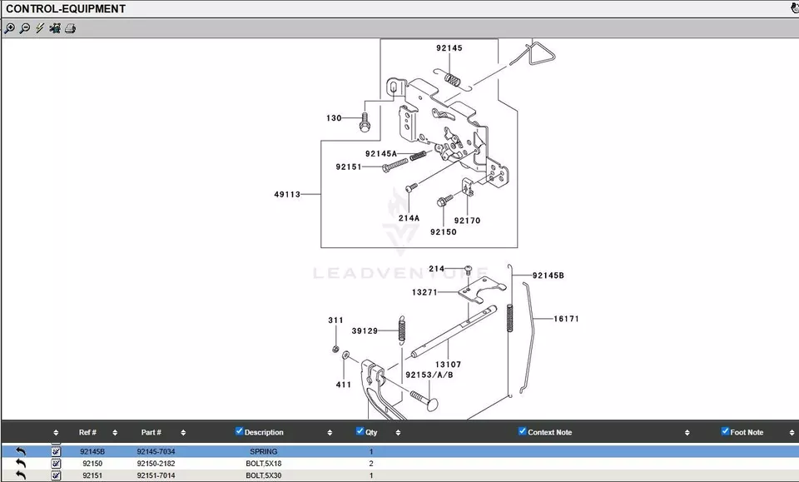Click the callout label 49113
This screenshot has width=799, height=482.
coord(287,195)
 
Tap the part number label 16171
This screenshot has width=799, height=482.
coord(566,319)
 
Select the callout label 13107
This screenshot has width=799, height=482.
coord(448,365)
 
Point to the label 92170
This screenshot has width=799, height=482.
coord(467,221)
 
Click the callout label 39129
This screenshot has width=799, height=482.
coord(365,331)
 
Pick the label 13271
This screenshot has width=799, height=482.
coord(424,292)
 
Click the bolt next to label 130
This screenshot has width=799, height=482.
coord(365,122)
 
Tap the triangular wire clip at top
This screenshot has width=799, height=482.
coord(533,58)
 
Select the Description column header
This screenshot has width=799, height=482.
coord(264,432)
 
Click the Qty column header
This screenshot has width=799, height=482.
coord(371,432)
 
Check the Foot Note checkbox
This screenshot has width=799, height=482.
coord(725,431)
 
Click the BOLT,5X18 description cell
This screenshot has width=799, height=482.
coord(264,464)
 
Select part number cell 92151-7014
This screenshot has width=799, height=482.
coord(156,475)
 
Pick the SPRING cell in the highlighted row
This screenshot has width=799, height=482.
coord(264,452)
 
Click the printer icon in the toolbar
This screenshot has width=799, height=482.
coord(71,28)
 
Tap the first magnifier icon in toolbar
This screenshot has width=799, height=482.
coord(9,28)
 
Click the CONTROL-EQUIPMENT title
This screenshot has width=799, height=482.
coord(66,8)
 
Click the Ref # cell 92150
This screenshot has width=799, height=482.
coord(92,464)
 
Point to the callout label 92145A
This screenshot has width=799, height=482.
coord(381,154)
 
